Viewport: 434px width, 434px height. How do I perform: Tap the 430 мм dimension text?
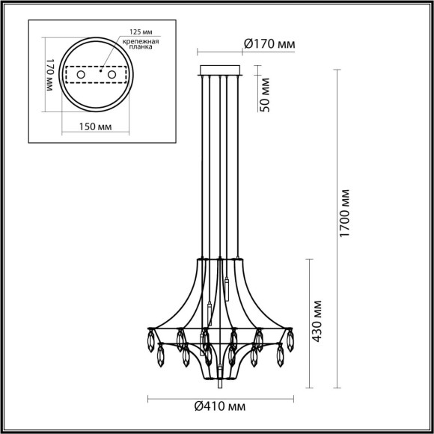click(317, 323)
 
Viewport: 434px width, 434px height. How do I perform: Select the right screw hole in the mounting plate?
click(112, 76)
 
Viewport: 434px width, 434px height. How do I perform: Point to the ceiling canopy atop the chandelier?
click(220, 70)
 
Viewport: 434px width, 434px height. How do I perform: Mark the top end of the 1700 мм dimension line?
click(333, 66)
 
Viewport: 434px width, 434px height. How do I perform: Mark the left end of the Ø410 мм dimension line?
click(147, 397)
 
